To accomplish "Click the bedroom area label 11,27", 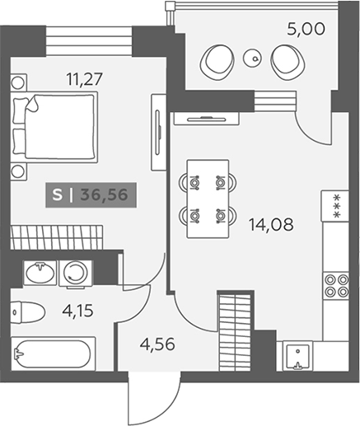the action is click(x=85, y=79).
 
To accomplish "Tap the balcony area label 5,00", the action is click(x=306, y=29).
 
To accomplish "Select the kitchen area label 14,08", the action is click(x=271, y=224).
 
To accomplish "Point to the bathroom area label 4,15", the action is click(x=78, y=311).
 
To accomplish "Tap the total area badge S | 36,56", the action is click(x=91, y=194).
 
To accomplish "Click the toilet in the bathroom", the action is click(x=28, y=312).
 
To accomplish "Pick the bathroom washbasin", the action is click(x=40, y=273).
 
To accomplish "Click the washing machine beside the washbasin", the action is click(x=76, y=273).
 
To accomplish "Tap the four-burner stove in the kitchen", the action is click(x=336, y=286).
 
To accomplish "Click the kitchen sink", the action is click(x=297, y=356).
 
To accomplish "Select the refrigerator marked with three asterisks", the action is click(x=335, y=205).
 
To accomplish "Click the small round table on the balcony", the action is click(x=251, y=58).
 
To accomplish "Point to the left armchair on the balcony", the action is click(x=217, y=62).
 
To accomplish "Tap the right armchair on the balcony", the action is click(x=288, y=62).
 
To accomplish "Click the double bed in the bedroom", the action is click(x=55, y=127).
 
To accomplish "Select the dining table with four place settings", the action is click(x=208, y=199).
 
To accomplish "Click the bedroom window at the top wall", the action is click(x=89, y=41).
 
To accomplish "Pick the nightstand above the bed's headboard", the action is click(x=19, y=82).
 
